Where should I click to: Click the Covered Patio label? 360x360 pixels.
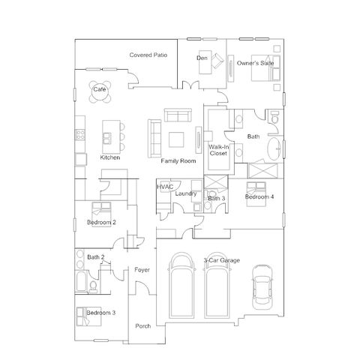point(148,55)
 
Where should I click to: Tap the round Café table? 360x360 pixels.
point(100,91)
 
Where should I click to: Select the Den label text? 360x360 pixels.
point(202,58)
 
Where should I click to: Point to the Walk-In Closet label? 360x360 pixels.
point(218,150)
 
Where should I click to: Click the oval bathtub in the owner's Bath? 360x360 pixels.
point(274,148)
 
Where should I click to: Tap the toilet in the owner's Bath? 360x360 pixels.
point(274,118)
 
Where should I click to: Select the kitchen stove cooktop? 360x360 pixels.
point(80,134)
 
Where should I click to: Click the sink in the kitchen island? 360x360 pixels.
point(106,138)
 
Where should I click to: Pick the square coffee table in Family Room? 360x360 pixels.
point(176,139)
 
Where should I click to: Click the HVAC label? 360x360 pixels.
point(165,187)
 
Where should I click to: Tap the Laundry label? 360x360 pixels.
point(186,193)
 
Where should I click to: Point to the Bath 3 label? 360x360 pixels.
point(217,199)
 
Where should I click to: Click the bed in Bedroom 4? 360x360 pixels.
point(256,194)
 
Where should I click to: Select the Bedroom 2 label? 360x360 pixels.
point(101,222)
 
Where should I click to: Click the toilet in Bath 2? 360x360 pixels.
point(93,286)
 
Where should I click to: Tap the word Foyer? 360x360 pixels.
point(142,270)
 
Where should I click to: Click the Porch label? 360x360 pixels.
point(143,326)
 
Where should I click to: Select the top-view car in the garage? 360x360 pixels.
point(262,287)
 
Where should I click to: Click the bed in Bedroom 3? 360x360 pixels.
point(88,316)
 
